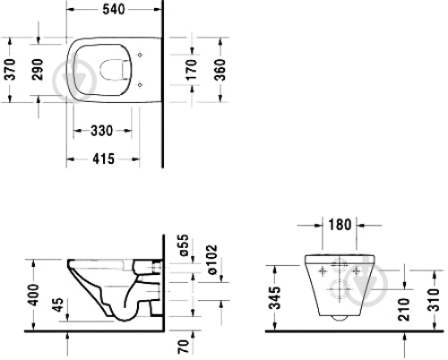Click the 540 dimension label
(114, 10)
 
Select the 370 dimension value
(11, 70)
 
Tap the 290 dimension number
(38, 70)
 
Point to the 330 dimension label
(102, 131)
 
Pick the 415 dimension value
(103, 159)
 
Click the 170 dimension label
(191, 70)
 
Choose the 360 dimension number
(220, 70)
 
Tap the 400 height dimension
(33, 295)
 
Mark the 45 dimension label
(58, 304)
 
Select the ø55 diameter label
(184, 245)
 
